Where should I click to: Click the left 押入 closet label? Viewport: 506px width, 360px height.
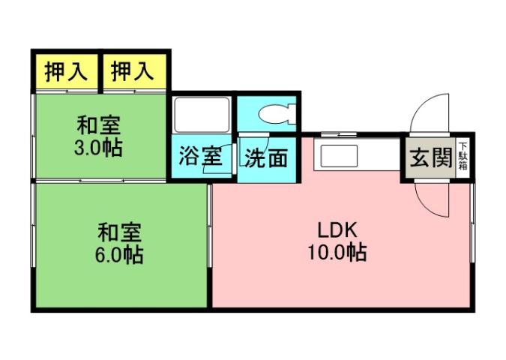pos(66,72)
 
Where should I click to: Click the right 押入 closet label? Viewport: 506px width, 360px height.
pos(133,72)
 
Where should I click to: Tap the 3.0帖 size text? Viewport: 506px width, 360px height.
pos(97,147)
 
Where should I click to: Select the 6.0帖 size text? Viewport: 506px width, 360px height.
pos(119,254)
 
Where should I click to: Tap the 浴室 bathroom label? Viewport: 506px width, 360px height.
pos(200,158)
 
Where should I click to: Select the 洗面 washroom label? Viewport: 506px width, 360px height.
pos(266,158)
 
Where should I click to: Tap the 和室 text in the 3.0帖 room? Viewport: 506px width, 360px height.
pos(97,124)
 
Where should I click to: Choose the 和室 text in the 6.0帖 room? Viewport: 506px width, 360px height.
pos(119,232)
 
